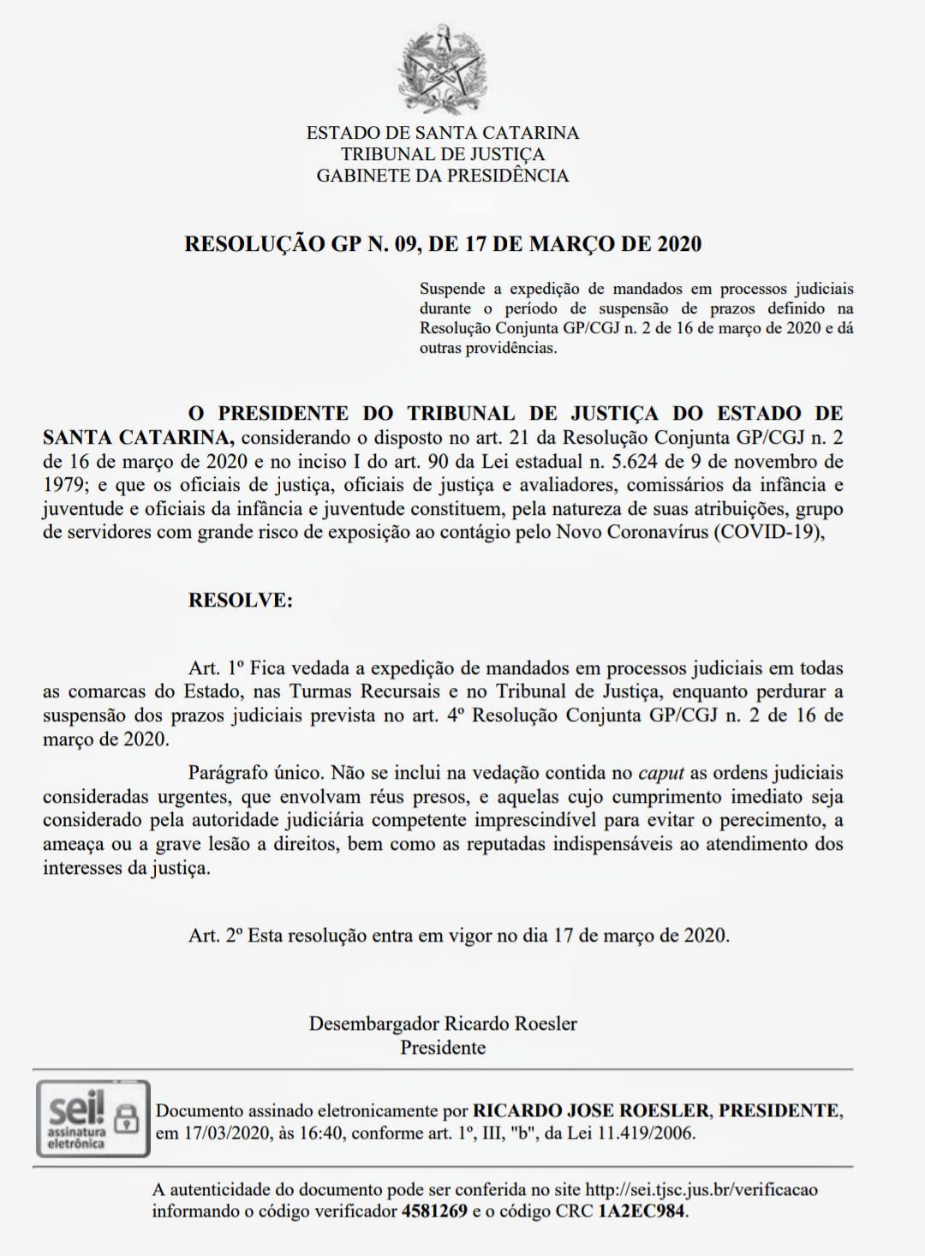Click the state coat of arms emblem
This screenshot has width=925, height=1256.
pos(443,70)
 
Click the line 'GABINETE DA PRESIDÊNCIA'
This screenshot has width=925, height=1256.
pos(443,176)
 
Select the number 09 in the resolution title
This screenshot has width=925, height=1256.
pos(406,244)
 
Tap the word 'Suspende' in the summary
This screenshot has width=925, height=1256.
pos(452,289)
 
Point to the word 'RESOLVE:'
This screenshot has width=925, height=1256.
pos(241,600)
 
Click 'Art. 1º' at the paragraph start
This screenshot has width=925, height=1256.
pos(216,668)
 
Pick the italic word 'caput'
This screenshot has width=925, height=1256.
pos(661,773)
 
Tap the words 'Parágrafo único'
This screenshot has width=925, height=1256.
pos(254,773)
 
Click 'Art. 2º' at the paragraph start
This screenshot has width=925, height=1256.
pos(216,936)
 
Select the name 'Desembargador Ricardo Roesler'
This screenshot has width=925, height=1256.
pos(443,1024)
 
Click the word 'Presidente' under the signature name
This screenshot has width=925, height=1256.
pos(443,1048)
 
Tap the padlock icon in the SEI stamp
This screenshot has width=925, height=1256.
pos(127,1118)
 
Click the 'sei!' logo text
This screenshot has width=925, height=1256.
pos(75,1109)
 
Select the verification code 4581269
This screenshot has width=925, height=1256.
pos(434,1211)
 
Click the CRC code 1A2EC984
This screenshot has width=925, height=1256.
pos(642,1211)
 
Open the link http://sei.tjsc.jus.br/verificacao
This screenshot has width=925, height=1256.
pos(701,1189)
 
